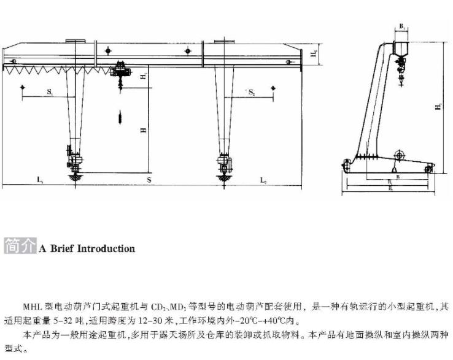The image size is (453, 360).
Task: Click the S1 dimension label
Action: pos(49,92)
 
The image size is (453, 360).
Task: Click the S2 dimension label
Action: pos(252,92)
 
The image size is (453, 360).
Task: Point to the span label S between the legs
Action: pos(149,180)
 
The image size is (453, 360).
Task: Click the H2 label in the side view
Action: pos(438,106)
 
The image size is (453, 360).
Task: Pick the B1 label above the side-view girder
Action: pos(402,27)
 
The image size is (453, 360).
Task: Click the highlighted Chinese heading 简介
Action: pos(20,248)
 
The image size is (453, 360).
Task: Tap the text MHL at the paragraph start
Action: pos(33,305)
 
